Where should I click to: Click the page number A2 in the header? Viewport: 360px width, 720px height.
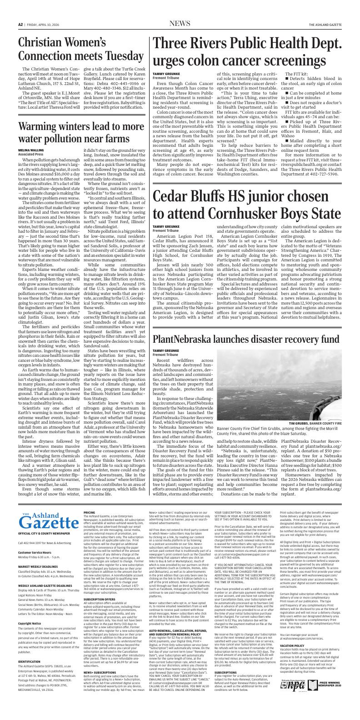[20, 24]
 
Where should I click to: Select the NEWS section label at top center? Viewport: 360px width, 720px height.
[180, 24]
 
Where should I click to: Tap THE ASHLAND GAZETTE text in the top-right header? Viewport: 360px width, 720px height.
[325, 24]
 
